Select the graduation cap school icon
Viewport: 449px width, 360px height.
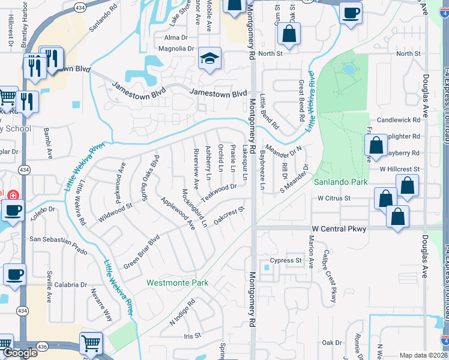pyautogui.click(x=210, y=59)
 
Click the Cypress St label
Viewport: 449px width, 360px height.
pyautogui.click(x=285, y=260)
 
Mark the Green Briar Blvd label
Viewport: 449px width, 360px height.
pyautogui.click(x=141, y=251)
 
